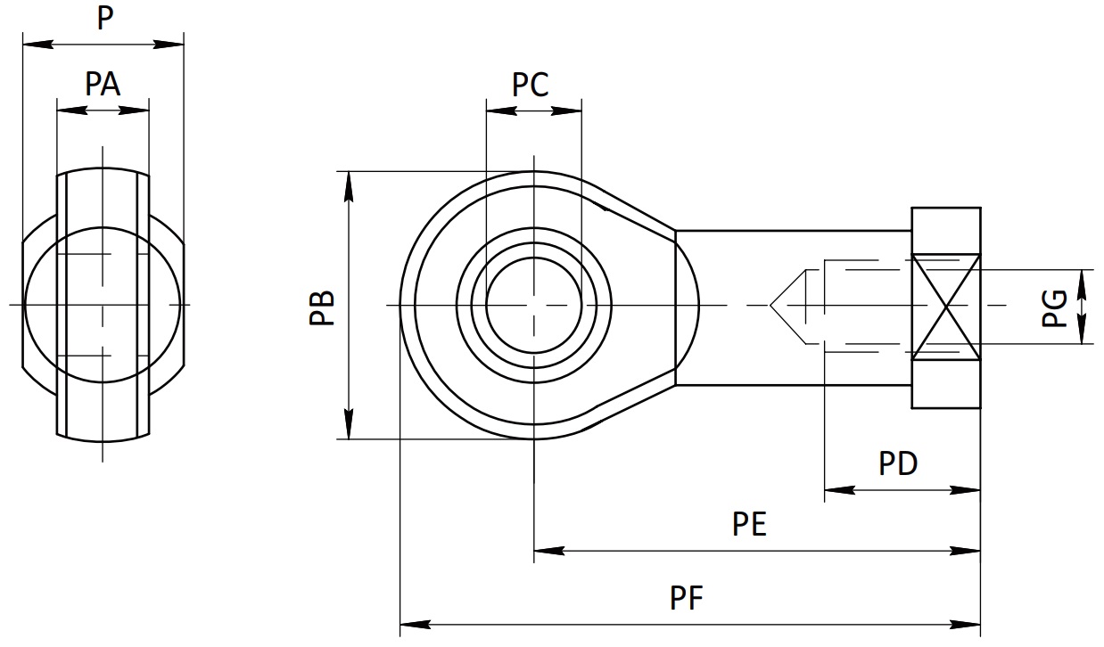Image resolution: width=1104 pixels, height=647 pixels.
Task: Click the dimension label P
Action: tap(105, 18)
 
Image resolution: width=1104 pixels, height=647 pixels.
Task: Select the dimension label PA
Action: tap(103, 84)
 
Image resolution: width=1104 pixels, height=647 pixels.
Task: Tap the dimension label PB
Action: tap(322, 308)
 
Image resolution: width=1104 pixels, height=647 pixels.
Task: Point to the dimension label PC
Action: tap(531, 85)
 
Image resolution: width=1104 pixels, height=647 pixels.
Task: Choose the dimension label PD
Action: tap(898, 463)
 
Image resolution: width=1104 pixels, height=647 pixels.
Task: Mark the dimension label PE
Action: tap(749, 524)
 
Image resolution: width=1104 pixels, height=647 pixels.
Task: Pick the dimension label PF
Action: tap(686, 598)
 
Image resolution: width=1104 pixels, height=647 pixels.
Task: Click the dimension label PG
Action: tap(1054, 308)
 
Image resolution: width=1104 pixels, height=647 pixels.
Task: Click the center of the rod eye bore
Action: tap(534, 306)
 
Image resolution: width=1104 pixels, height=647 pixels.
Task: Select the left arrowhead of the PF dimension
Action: tap(415, 625)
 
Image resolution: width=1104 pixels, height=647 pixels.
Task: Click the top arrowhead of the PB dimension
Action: tap(349, 186)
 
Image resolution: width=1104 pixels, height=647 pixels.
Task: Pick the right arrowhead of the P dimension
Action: tap(169, 45)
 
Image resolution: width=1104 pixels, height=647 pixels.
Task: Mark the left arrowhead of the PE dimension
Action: tap(549, 551)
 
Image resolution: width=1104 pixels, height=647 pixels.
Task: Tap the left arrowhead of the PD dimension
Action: tap(839, 490)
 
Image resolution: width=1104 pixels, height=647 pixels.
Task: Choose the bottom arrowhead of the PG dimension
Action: tap(1082, 329)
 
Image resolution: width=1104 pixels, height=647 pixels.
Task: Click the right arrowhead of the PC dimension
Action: tap(566, 111)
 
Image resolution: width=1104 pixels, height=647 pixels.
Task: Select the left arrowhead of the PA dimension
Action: tap(72, 111)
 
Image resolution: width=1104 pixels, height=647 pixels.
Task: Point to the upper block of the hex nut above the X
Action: tap(946, 231)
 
